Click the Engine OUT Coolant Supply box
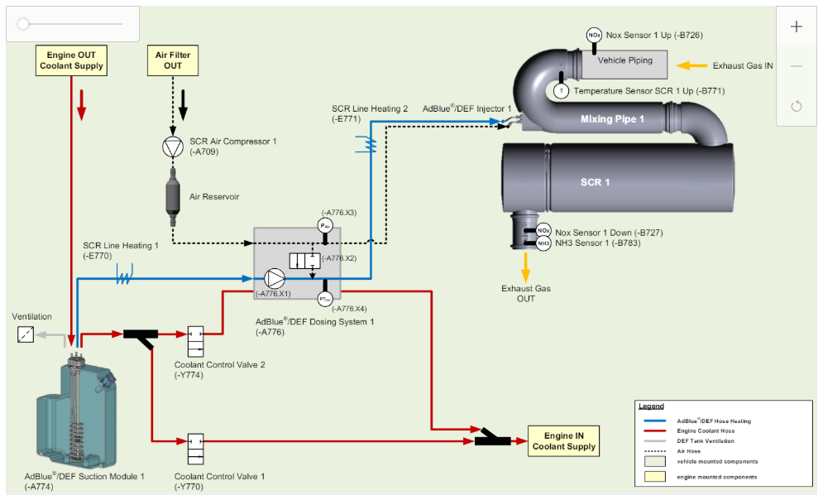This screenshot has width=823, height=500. coord(71,60)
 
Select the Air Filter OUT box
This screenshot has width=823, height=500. coord(173,60)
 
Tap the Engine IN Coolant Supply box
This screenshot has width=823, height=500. coord(564,440)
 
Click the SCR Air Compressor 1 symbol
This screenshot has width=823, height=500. coord(173,147)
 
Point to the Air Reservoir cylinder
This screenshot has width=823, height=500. coord(173,197)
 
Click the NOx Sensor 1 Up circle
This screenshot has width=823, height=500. coord(594,36)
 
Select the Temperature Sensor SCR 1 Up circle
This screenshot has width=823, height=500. coord(561,91)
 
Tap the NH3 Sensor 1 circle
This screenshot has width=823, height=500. coord(543,243)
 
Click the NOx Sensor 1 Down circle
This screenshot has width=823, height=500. coord(543,231)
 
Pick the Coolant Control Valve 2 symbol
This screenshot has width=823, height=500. coord(196,341)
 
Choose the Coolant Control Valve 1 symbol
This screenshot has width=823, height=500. coord(196,449)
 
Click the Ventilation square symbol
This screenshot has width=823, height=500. coord(26,334)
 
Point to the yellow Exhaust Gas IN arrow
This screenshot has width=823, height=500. coord(691,65)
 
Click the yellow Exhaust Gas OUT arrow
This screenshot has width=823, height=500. coord(525,267)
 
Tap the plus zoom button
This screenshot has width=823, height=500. coord(797,26)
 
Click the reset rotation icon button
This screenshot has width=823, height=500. coord(797,106)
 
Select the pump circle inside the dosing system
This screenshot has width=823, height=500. coord(274,279)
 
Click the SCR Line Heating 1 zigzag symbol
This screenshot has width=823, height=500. coord(124,275)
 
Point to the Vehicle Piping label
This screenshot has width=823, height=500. coord(624,60)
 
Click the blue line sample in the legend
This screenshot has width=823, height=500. coord(654,421)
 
